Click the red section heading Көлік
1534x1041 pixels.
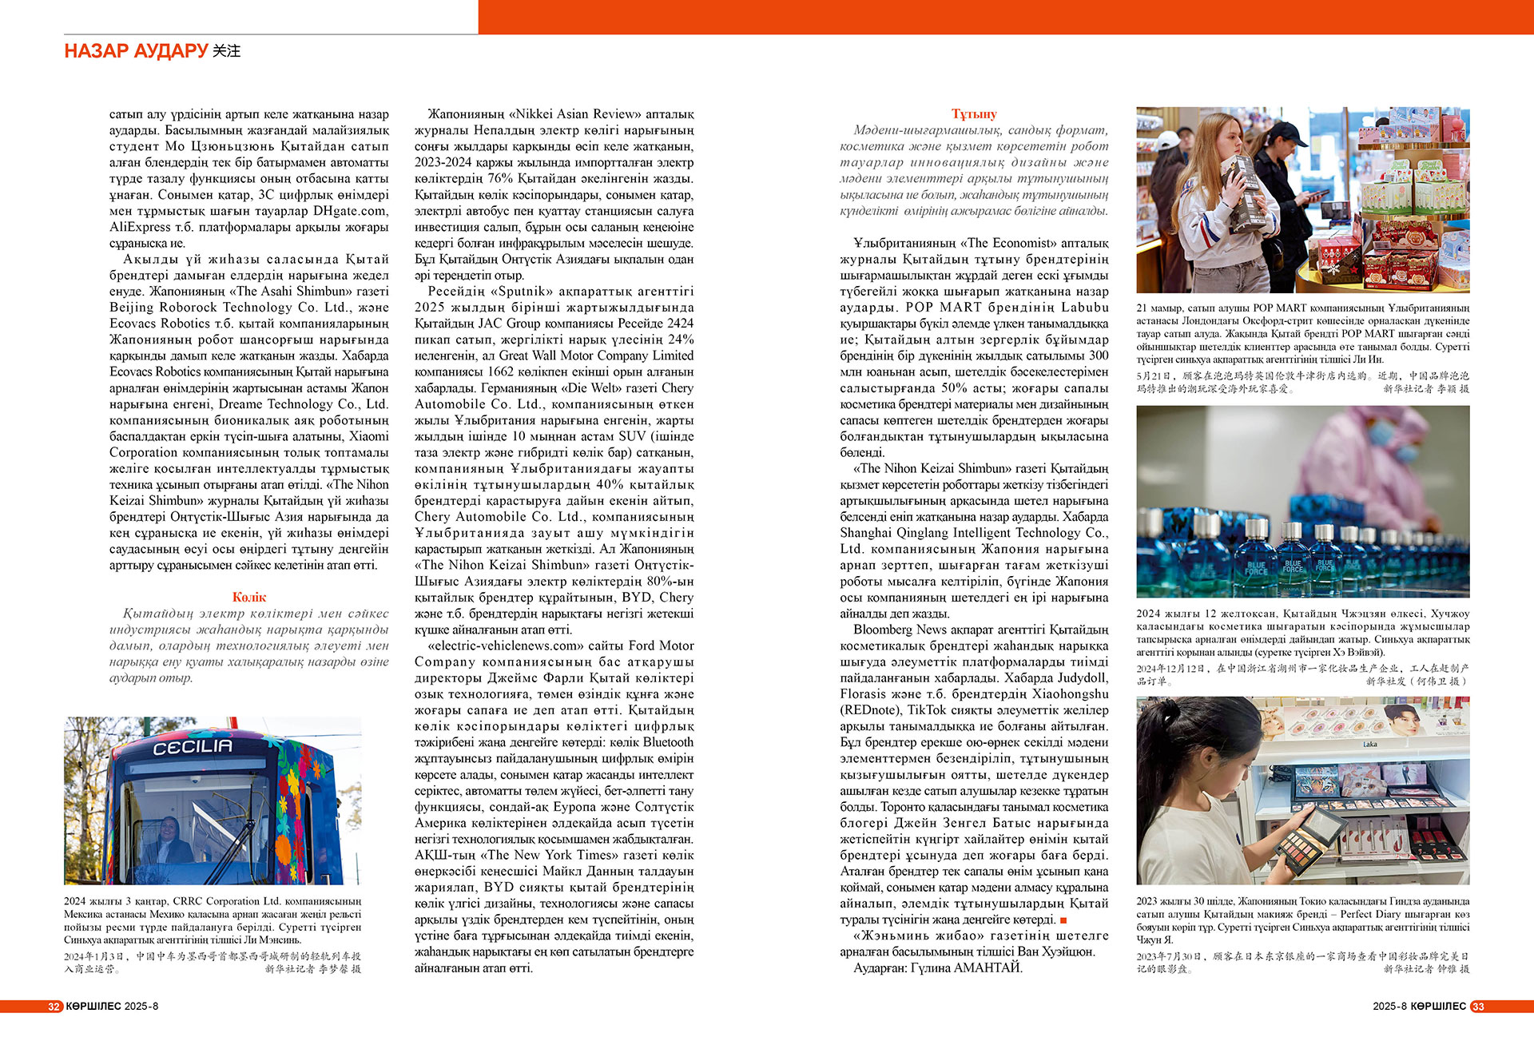point(249,597)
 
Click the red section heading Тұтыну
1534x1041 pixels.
point(974,113)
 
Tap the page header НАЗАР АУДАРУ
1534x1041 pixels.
point(136,51)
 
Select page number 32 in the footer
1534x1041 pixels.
point(54,1007)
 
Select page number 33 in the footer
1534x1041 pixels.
point(1478,1007)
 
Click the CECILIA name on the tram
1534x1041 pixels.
point(193,747)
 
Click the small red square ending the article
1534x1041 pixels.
point(1063,920)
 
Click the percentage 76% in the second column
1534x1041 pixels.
point(499,178)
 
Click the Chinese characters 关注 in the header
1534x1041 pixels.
point(227,51)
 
